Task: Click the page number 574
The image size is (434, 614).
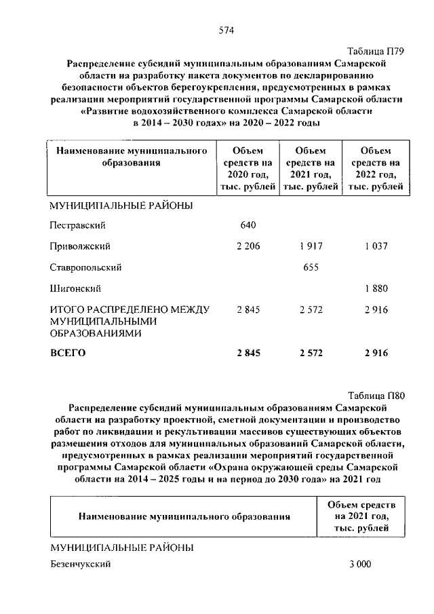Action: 226,30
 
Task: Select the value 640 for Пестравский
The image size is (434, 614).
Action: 249,225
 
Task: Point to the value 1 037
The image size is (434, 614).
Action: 375,246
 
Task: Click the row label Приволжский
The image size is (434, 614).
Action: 79,246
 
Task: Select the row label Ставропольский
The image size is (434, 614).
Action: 85,267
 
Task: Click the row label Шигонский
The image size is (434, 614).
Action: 73,288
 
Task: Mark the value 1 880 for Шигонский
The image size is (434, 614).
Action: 375,288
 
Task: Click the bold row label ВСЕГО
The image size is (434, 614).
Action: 68,353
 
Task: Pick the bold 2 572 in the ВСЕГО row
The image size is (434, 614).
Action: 311,353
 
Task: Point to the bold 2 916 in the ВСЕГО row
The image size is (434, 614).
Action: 375,353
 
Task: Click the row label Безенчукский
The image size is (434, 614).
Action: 80,564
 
